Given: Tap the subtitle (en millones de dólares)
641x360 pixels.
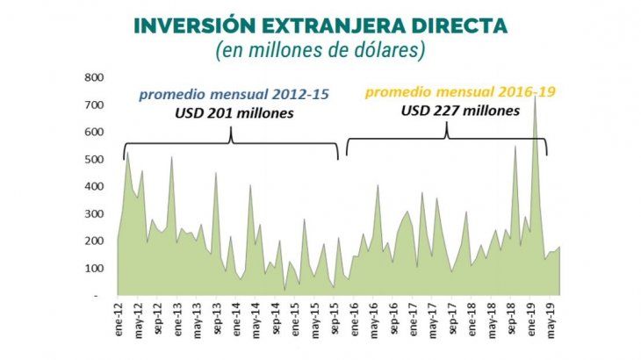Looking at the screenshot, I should (320, 51).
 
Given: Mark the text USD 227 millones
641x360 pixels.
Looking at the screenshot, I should (446, 112).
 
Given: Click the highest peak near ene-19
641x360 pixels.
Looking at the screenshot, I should (535, 97).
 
